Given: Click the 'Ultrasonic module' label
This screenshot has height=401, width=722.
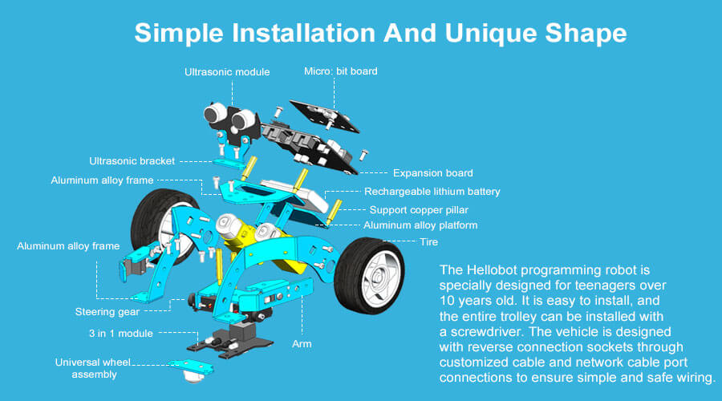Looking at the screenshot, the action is pyautogui.click(x=227, y=72).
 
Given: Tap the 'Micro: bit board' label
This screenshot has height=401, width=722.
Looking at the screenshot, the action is pyautogui.click(x=341, y=71).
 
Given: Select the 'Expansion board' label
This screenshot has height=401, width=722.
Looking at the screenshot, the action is pyautogui.click(x=433, y=173).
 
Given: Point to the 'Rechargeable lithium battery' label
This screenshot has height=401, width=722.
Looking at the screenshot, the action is pyautogui.click(x=432, y=192).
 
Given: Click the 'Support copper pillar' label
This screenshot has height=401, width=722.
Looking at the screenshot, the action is pyautogui.click(x=419, y=210).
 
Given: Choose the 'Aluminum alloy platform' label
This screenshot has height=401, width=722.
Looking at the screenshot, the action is pyautogui.click(x=420, y=225).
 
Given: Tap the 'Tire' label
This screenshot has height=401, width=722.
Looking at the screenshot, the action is pyautogui.click(x=428, y=241).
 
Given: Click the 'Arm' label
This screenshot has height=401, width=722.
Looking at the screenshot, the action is pyautogui.click(x=302, y=344).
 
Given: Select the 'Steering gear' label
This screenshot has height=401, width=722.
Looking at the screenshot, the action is pyautogui.click(x=107, y=312).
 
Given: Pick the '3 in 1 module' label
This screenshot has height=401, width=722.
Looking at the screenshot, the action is pyautogui.click(x=120, y=334).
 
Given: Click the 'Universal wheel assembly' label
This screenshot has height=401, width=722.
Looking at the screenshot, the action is pyautogui.click(x=93, y=368).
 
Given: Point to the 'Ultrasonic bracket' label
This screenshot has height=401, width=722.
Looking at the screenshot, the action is pyautogui.click(x=132, y=161).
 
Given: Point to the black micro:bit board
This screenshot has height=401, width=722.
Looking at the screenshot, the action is pyautogui.click(x=325, y=116).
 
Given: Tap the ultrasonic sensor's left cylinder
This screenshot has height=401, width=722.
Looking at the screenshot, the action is pyautogui.click(x=215, y=114).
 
